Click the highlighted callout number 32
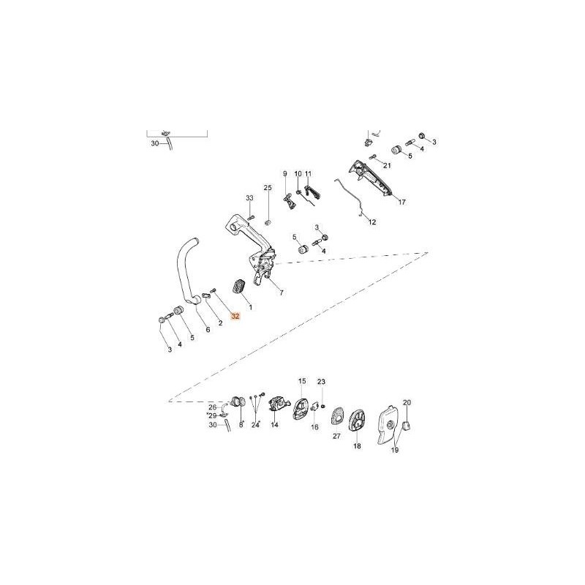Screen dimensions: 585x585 (235, 317)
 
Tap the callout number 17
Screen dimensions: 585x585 (401, 203)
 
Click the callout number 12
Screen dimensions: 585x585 (372, 222)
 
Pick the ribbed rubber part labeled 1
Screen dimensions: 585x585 (238, 287)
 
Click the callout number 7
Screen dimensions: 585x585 (282, 293)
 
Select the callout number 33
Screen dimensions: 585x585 (249, 197)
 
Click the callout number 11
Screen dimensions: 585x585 (308, 174)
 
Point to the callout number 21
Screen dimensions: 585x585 (387, 165)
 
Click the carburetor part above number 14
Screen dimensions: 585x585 (278, 406)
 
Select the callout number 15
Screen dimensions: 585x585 (302, 381)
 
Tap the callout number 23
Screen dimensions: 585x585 (321, 382)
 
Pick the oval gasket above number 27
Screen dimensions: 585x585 (336, 418)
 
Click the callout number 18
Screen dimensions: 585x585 (357, 446)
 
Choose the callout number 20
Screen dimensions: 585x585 (407, 403)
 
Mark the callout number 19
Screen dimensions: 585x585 (394, 450)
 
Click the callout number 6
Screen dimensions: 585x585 (208, 330)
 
